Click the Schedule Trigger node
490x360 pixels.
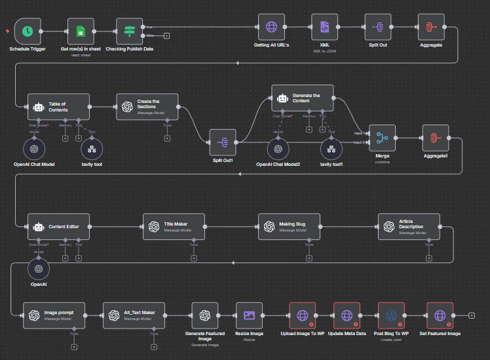pyautogui.click(x=27, y=30)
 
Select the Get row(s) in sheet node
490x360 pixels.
pyautogui.click(x=81, y=30)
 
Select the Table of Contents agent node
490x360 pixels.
pyautogui.click(x=58, y=106)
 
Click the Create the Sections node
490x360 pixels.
pyautogui.click(x=147, y=106)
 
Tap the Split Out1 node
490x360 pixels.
pyautogui.click(x=223, y=142)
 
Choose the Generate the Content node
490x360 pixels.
pyautogui.click(x=302, y=98)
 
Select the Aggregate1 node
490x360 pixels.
pyautogui.click(x=436, y=138)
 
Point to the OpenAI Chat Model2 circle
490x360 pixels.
pyautogui.click(x=278, y=149)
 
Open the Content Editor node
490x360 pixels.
pyautogui.click(x=58, y=226)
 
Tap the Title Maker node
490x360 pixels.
pyautogui.click(x=174, y=226)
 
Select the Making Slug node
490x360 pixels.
pyautogui.click(x=289, y=226)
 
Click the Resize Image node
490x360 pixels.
pyautogui.click(x=249, y=315)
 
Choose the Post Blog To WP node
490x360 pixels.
pyautogui.click(x=392, y=315)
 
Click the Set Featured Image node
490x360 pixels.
pyautogui.click(x=440, y=315)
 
